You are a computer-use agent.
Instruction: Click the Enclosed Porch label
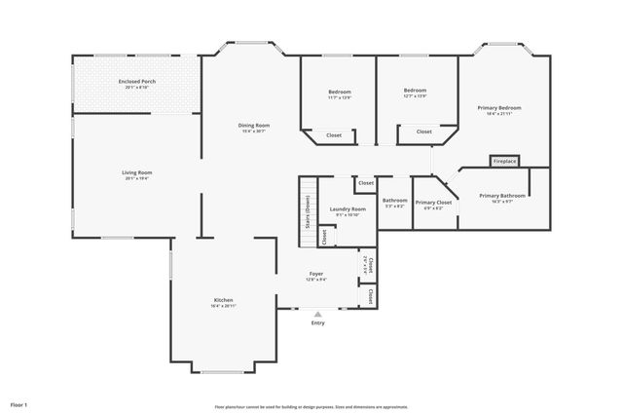136,81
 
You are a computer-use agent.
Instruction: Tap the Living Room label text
136,172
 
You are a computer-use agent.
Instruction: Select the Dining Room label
254,125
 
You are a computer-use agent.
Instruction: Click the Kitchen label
223,299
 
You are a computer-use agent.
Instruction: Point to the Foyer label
317,274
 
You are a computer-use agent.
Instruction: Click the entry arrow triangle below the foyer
317,314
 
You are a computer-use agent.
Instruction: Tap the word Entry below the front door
317,322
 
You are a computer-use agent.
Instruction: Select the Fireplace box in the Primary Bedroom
504,161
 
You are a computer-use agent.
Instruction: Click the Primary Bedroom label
498,107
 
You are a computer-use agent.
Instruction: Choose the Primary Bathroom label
502,195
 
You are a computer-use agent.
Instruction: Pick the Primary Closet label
434,202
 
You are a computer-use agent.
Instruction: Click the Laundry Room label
348,208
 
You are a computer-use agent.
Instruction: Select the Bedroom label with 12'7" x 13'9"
416,91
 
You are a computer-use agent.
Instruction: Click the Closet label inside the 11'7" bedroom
334,134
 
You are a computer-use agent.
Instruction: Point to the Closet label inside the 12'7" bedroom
424,131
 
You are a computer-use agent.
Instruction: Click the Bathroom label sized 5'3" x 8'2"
394,201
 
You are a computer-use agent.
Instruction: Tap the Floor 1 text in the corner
19,403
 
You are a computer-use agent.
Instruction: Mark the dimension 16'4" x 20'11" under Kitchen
223,306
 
